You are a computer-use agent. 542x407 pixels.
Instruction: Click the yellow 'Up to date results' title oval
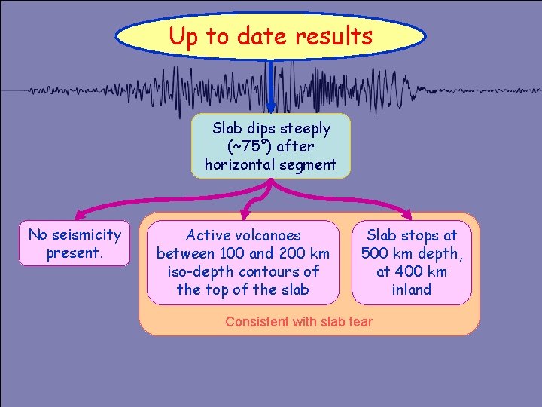tap(271, 35)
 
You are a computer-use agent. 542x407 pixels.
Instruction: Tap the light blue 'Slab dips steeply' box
tap(270, 146)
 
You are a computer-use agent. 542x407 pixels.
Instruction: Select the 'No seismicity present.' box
tap(75, 243)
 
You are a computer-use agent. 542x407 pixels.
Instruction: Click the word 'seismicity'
tap(87, 234)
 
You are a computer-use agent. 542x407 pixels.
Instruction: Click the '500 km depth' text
tap(412, 253)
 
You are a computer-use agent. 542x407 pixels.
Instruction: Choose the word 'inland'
tap(413, 289)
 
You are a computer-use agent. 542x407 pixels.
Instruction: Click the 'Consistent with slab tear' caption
tap(299, 322)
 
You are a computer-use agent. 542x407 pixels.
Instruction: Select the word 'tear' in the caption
tap(360, 322)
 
